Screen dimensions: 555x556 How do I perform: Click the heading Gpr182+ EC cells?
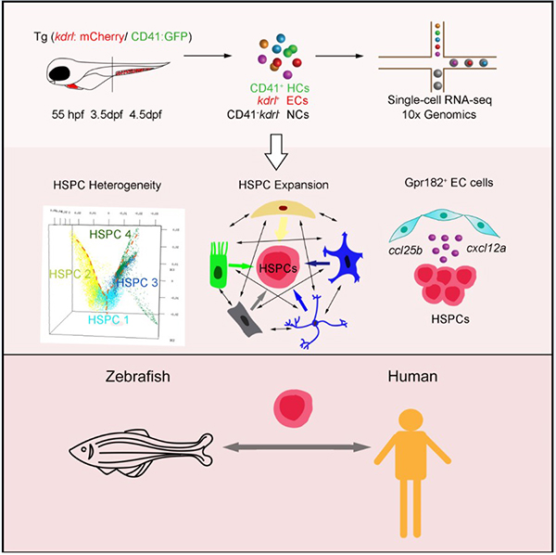pyautogui.click(x=451, y=184)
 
